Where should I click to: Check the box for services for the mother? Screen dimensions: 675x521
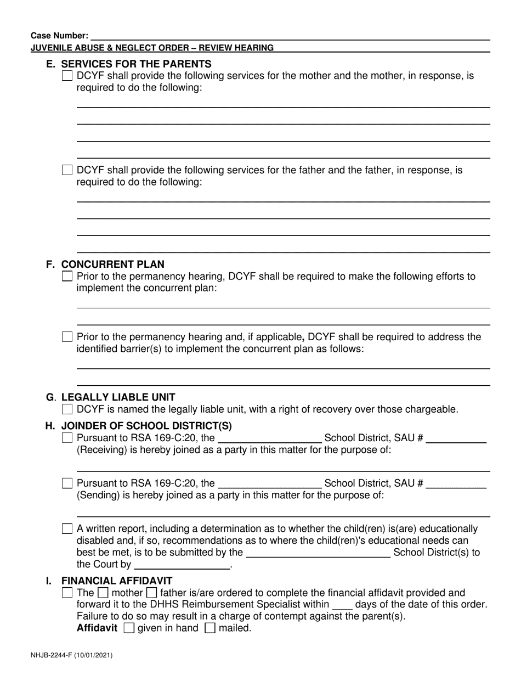(x=67, y=76)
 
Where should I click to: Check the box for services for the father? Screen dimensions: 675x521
(x=67, y=170)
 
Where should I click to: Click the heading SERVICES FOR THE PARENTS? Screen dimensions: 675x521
(x=136, y=64)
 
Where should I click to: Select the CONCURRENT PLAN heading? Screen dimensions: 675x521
(x=112, y=265)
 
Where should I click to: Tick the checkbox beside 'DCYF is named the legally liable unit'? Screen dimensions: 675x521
(x=67, y=409)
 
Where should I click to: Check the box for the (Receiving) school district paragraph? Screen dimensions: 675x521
(x=67, y=438)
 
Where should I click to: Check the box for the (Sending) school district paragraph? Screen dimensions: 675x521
(x=67, y=483)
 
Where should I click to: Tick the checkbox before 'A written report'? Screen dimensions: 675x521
(x=67, y=529)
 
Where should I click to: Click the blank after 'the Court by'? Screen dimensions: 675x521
(x=181, y=564)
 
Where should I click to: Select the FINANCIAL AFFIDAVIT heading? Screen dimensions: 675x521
(x=117, y=581)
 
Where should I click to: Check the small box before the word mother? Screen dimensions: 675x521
(x=103, y=593)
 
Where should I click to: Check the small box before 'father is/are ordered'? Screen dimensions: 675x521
(x=152, y=593)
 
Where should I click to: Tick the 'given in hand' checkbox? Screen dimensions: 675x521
(x=129, y=629)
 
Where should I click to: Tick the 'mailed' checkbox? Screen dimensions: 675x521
(x=209, y=629)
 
